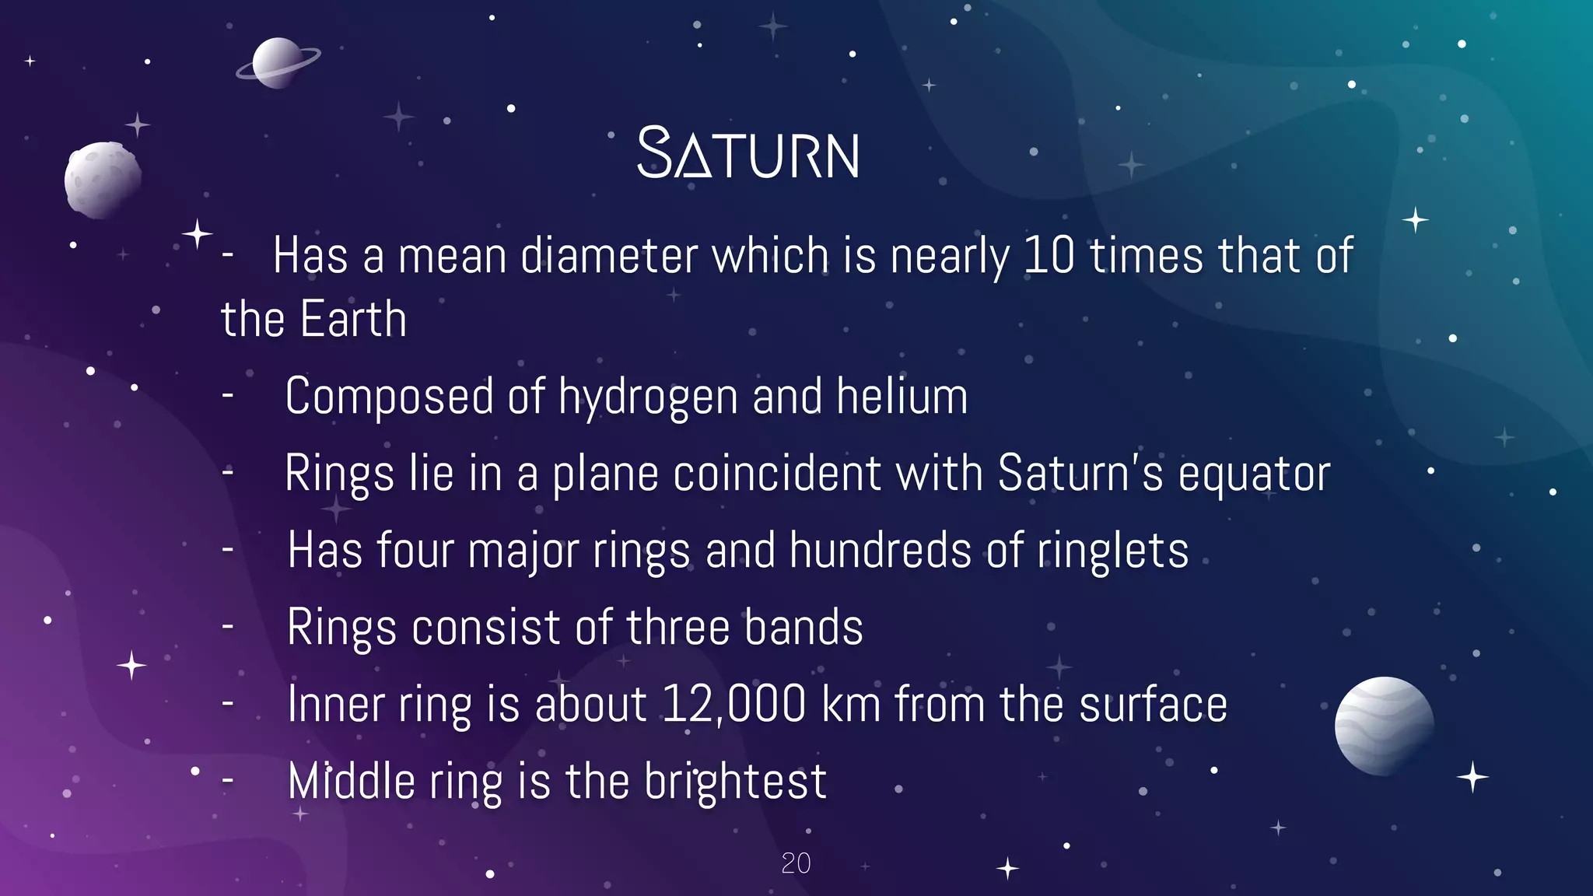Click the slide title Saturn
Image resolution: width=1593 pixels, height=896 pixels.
(x=748, y=154)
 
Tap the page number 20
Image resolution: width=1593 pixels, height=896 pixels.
(x=796, y=863)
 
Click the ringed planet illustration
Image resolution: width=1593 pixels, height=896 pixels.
(x=278, y=63)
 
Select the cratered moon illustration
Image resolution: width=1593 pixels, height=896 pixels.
(x=103, y=180)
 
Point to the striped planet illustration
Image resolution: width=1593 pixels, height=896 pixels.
(x=1384, y=726)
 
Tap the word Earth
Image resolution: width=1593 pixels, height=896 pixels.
(x=354, y=319)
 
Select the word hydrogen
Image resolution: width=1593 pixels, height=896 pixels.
(x=648, y=397)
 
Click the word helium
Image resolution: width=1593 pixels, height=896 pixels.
(x=902, y=396)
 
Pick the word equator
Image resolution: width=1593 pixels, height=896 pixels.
(x=1254, y=474)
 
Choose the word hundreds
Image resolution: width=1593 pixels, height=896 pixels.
(x=881, y=550)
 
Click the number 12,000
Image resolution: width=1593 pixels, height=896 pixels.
(x=734, y=705)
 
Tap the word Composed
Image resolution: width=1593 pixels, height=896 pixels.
(x=389, y=397)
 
